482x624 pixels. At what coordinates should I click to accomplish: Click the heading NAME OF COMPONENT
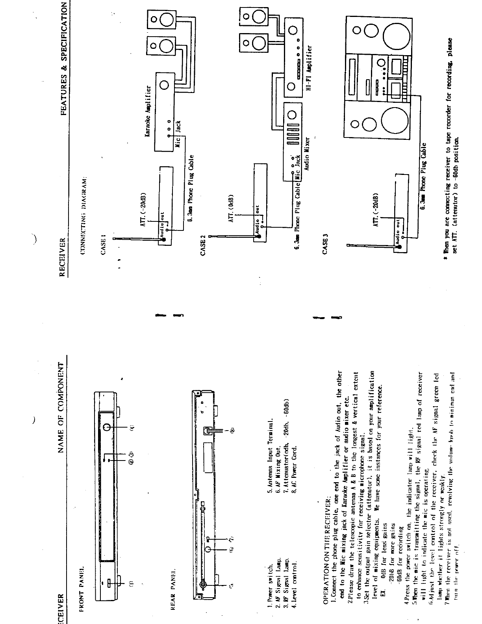(62, 407)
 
